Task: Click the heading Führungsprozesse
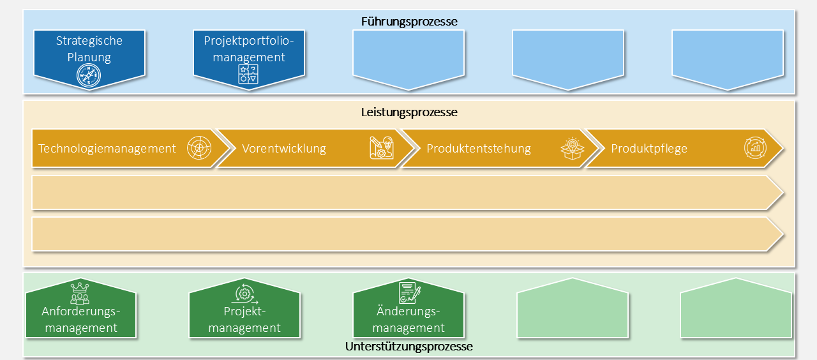[409, 22]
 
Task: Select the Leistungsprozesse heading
[409, 112]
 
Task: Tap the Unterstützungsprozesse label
[409, 347]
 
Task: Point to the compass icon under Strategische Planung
[89, 75]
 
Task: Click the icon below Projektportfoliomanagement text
[248, 75]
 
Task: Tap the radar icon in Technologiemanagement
[199, 148]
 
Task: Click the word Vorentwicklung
[284, 149]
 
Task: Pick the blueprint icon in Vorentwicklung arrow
[382, 148]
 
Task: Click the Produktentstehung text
[479, 149]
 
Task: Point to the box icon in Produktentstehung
[573, 148]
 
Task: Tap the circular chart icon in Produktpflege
[755, 148]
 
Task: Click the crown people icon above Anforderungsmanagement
[80, 293]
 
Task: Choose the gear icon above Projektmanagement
[244, 294]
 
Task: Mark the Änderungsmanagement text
[408, 320]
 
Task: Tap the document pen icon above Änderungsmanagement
[409, 293]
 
